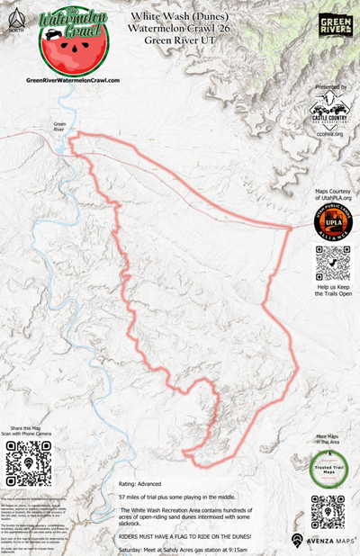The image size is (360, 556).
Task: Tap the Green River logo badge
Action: click(336, 25)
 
